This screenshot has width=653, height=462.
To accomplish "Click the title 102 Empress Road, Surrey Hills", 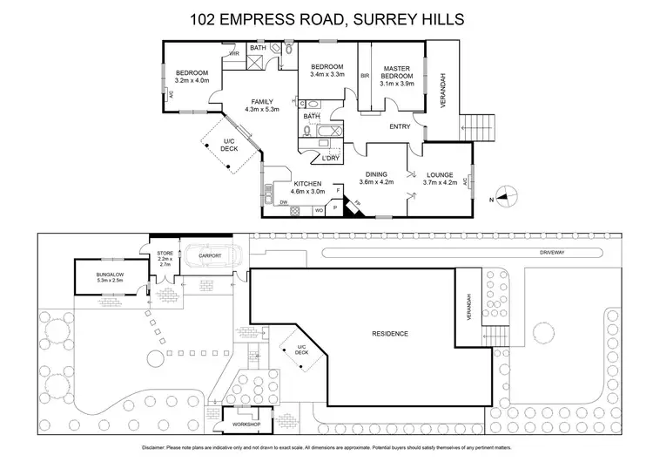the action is [x=326, y=18].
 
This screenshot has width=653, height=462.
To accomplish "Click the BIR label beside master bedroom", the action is [x=366, y=76].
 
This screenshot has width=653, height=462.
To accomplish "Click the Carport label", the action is [x=209, y=255].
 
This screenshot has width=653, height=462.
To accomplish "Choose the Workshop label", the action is [x=246, y=425].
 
